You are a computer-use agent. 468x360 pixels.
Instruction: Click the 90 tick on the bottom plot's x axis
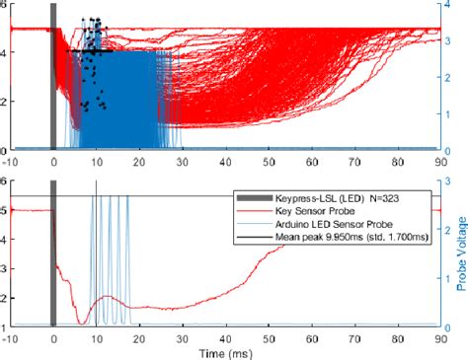(x=436, y=337)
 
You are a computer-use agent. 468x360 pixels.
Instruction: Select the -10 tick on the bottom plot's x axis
(x=10, y=337)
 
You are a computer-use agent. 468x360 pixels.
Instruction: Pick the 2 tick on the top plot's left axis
(x=4, y=102)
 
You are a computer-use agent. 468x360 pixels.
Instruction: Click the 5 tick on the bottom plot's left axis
(x=4, y=210)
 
